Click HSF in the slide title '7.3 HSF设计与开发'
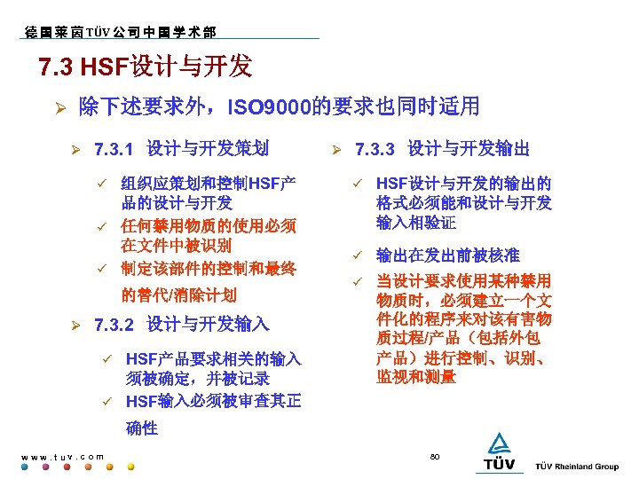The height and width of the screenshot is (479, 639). pos(106,67)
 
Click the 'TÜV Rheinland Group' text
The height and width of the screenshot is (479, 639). pos(577,467)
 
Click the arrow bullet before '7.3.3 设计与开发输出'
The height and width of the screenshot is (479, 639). pos(335,148)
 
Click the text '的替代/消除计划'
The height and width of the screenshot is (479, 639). pos(179,294)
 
